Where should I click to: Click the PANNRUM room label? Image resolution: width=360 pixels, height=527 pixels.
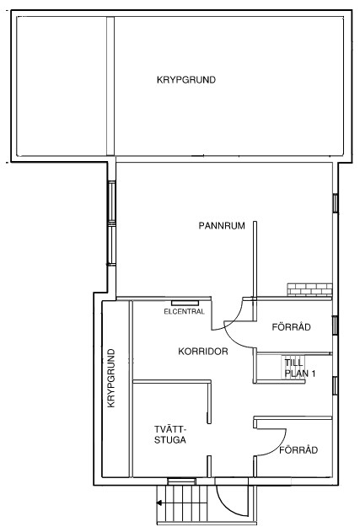(222, 225)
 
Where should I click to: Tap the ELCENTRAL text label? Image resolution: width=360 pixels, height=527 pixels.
(184, 311)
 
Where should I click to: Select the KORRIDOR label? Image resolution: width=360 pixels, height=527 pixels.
(203, 352)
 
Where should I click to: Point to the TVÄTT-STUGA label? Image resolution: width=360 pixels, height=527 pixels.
(170, 434)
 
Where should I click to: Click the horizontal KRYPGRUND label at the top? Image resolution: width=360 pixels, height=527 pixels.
(186, 80)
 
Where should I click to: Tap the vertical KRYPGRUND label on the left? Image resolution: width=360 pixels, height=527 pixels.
(111, 378)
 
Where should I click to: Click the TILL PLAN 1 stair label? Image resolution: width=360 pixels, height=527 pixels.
(300, 368)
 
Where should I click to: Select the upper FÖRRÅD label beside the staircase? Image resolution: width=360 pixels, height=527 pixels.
(292, 327)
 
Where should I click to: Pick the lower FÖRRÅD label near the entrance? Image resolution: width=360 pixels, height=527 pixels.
(298, 450)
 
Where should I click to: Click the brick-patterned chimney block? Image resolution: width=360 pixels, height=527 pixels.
(309, 290)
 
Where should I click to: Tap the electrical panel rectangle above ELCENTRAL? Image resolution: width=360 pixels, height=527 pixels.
(185, 304)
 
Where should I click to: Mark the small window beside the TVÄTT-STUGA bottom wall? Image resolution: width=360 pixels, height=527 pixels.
(181, 481)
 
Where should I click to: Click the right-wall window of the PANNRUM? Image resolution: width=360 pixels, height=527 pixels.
(336, 203)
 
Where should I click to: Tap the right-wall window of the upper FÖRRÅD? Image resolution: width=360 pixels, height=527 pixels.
(335, 325)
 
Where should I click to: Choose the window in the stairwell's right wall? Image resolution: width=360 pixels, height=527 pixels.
(335, 386)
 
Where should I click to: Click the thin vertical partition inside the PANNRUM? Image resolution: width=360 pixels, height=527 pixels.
(255, 260)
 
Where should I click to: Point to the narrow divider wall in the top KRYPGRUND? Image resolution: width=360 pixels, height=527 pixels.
(110, 86)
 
